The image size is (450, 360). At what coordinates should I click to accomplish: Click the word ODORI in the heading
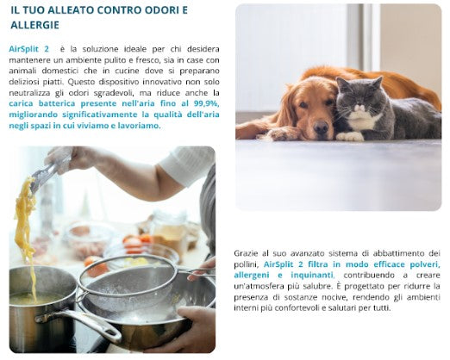pos(161,10)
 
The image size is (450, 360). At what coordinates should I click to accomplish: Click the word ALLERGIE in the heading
pos(34,25)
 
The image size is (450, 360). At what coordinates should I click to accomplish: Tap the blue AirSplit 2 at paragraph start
pos(28,49)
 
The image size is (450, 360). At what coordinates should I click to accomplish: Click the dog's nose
pos(322,126)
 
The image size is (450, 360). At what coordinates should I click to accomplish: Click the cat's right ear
pos(378,82)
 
